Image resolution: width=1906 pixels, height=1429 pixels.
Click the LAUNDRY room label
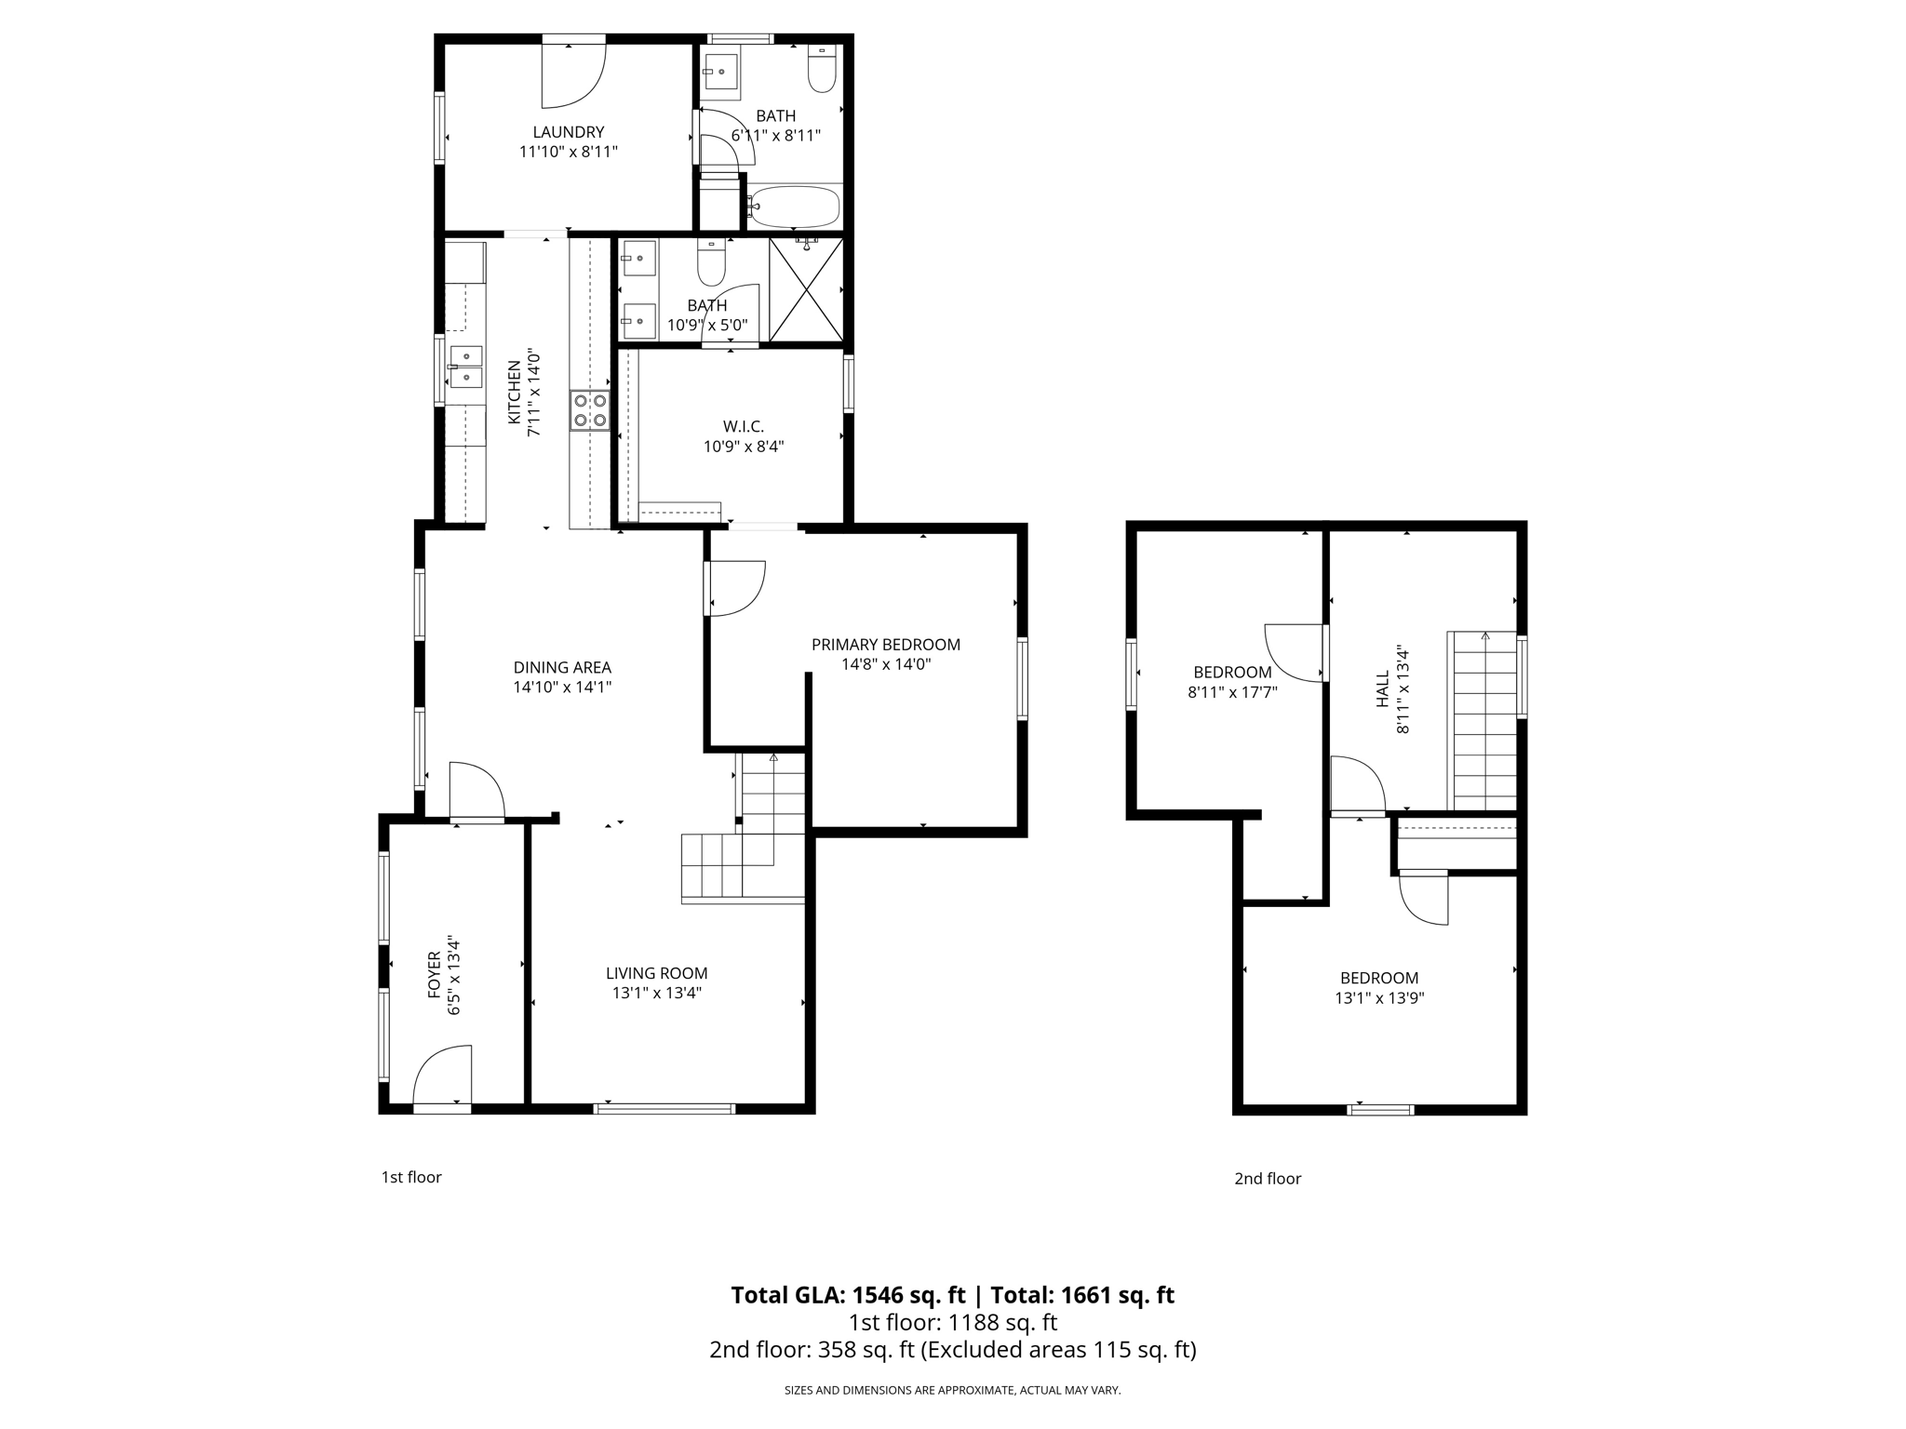coord(568,132)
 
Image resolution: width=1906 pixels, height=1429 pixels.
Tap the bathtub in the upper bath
coord(795,206)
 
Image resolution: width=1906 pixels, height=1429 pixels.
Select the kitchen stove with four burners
coord(590,410)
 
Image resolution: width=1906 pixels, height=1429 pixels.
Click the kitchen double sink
coord(465,367)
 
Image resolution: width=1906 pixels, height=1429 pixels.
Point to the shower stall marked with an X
coord(806,289)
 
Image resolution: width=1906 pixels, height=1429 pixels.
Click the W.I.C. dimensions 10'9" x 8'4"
coord(743,447)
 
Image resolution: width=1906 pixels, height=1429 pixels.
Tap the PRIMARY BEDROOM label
coord(885,645)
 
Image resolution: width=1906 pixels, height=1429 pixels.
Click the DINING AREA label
coord(562,667)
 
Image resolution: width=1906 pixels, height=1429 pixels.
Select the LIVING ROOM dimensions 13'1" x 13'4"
coord(656,993)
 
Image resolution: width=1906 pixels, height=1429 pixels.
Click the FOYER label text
coord(435,974)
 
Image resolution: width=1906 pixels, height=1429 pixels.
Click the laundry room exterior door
coord(574,74)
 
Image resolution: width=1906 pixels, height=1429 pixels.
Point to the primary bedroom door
coord(735,588)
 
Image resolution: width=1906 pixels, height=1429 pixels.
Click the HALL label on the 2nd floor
coord(1383,689)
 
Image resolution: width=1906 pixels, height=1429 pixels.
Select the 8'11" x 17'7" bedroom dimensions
coord(1232,692)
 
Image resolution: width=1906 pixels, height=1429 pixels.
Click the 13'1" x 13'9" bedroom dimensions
coord(1379,998)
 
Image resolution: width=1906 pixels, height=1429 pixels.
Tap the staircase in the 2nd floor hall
coord(1484,721)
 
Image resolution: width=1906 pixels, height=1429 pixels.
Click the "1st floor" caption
coord(410,1177)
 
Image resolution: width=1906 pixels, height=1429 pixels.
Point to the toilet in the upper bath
coord(822,70)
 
